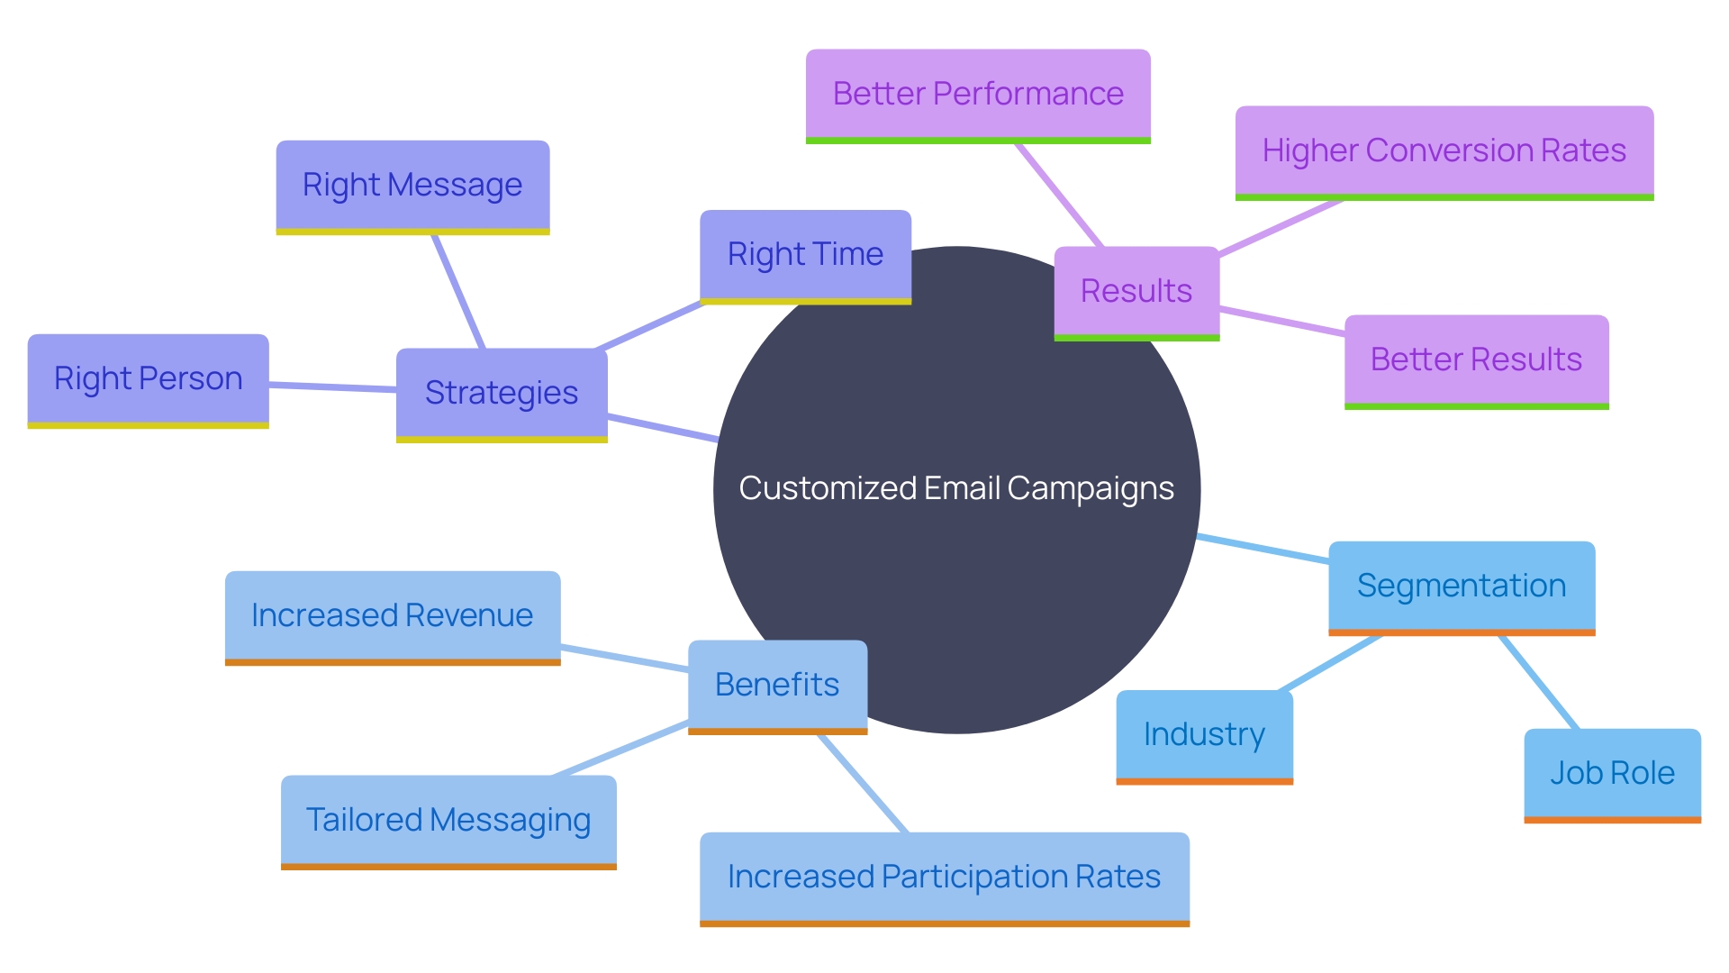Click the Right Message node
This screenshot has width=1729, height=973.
(412, 186)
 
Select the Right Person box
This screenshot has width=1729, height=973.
(148, 379)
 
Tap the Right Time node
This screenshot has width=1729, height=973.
(805, 255)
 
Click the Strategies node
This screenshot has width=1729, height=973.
(502, 394)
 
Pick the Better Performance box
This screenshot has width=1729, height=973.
(978, 95)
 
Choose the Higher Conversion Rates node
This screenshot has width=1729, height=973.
(1444, 151)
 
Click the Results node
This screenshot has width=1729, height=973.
(1136, 292)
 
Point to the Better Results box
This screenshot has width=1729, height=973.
(1476, 360)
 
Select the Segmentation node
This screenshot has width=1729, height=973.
(1462, 587)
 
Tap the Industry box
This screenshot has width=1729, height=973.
(1204, 735)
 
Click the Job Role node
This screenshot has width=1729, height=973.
(1612, 774)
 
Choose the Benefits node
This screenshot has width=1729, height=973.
(777, 686)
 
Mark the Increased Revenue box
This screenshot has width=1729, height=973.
(393, 616)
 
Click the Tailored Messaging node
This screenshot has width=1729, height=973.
(448, 821)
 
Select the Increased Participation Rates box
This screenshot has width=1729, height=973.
(945, 878)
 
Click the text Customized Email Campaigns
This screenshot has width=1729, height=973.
(956, 488)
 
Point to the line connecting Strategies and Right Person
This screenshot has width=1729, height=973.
(333, 387)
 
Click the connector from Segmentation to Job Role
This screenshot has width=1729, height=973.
(1539, 682)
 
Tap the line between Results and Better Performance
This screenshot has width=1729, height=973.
(1059, 195)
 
